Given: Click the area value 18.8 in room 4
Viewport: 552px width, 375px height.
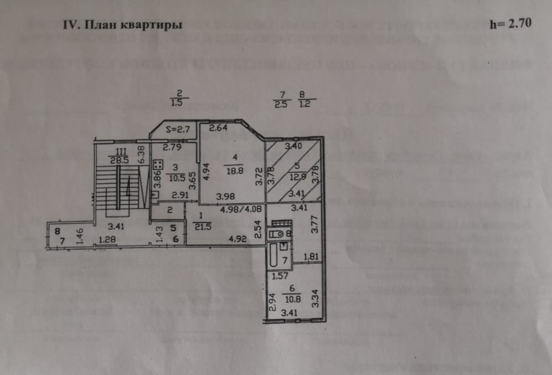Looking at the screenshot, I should point(233,172).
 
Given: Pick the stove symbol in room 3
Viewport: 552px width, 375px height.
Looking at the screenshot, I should point(157,164).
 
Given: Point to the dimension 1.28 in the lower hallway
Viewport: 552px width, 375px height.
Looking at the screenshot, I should point(108,240).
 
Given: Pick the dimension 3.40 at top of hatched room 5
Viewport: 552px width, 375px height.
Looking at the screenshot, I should point(292,147).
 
